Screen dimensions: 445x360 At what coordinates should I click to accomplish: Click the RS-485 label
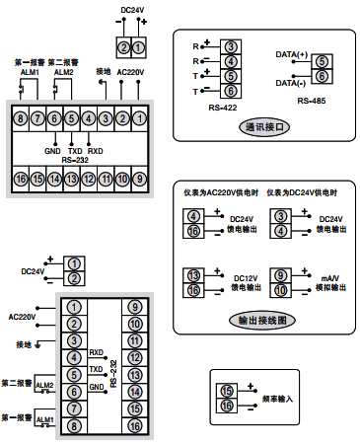[x=312, y=101]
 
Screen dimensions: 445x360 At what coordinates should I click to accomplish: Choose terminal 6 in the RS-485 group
[x=323, y=76]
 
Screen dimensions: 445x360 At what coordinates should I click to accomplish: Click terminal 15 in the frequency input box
[x=228, y=392]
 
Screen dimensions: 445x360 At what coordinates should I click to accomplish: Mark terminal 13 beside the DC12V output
[x=194, y=275]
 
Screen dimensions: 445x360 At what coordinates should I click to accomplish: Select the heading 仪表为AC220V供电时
[x=220, y=190]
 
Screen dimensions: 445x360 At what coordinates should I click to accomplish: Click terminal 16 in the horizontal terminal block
[x=21, y=179]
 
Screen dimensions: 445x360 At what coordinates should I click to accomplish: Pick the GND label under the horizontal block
[x=52, y=151]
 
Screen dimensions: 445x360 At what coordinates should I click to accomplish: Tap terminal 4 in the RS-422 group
[x=229, y=61]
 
